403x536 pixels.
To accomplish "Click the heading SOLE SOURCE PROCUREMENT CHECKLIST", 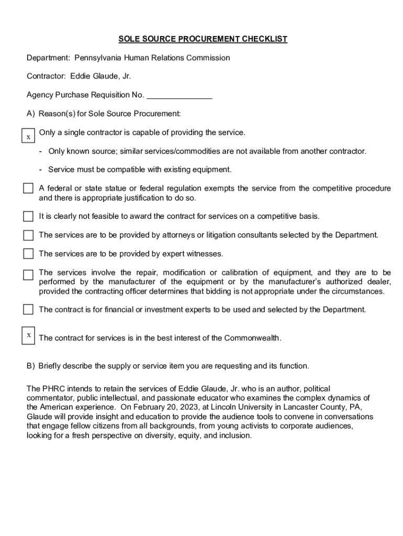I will coord(203,39).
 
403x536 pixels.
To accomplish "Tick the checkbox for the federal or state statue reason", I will coord(28,188).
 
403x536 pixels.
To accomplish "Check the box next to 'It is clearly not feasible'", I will coord(28,216).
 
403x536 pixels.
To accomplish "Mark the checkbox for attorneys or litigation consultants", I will coord(28,235).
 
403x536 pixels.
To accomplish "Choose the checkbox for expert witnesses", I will coord(28,254).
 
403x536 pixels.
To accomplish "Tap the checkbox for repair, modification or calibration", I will coord(28,274).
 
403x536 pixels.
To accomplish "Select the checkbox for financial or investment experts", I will coord(28,309).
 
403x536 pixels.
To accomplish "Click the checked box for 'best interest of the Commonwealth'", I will coord(28,335).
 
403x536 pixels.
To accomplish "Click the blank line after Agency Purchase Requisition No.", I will coord(180,95).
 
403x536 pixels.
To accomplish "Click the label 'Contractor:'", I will coord(46,76).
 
